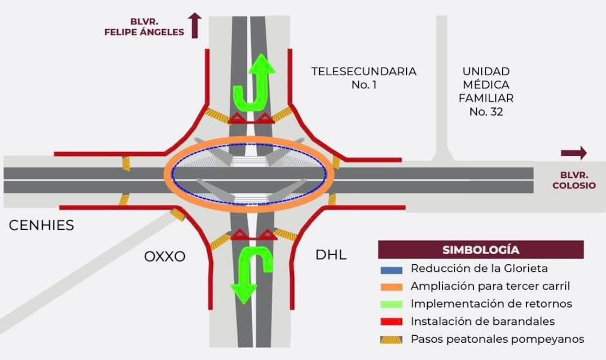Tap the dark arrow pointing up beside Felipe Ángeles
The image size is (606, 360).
(x=195, y=26)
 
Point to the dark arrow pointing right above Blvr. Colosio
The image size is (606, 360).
(x=574, y=153)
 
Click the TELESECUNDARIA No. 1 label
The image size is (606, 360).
(x=363, y=77)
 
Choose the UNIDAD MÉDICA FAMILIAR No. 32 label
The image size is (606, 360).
(x=486, y=91)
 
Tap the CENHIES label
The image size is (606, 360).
(x=42, y=225)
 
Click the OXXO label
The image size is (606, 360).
(x=165, y=256)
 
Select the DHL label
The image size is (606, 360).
(x=331, y=254)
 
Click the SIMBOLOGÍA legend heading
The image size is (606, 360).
(x=481, y=250)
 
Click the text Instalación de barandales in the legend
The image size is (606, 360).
(x=482, y=322)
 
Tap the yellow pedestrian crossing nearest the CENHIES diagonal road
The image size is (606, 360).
(x=178, y=215)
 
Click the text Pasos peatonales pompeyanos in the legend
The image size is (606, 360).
(x=497, y=339)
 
